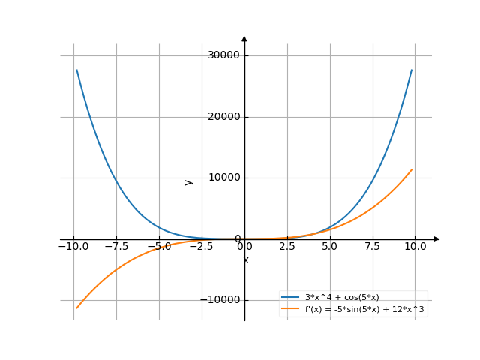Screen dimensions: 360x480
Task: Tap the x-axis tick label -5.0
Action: click(x=158, y=246)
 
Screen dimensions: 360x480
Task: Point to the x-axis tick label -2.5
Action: click(x=201, y=246)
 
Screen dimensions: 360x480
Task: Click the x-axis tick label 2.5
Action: click(x=287, y=246)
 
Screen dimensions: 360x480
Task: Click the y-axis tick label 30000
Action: click(x=224, y=55)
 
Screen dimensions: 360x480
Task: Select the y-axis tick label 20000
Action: click(x=224, y=117)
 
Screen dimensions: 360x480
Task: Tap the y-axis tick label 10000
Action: click(x=224, y=178)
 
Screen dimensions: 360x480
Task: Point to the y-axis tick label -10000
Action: click(x=222, y=300)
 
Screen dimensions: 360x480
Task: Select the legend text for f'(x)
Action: click(x=359, y=308)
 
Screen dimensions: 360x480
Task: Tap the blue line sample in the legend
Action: click(x=290, y=297)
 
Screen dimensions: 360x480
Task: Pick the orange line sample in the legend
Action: click(x=290, y=308)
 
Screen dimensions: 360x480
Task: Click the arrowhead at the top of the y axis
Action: click(x=244, y=38)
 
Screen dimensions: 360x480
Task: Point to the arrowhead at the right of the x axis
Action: click(x=436, y=239)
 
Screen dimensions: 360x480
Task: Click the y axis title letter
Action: click(x=189, y=181)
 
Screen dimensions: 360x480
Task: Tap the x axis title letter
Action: click(x=245, y=260)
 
